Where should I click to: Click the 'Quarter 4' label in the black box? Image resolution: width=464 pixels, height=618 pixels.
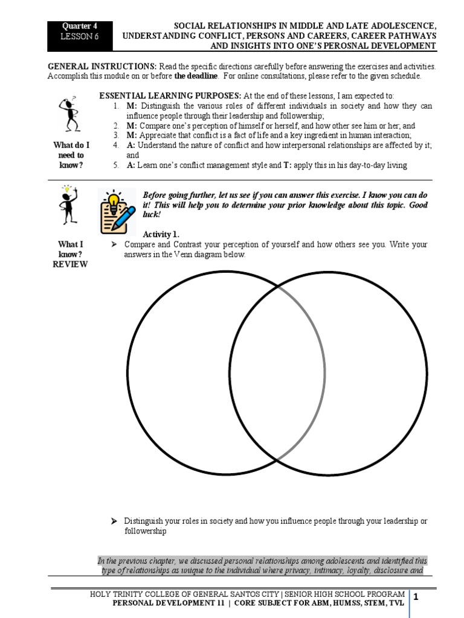80,26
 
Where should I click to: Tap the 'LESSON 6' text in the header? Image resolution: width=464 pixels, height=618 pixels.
80,36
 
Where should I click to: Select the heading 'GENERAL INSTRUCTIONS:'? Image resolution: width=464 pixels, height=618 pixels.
102,67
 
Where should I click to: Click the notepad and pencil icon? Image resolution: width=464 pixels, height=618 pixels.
117,211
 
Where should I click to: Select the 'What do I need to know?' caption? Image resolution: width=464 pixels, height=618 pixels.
71,155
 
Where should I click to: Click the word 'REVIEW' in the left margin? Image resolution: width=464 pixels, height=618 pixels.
71,264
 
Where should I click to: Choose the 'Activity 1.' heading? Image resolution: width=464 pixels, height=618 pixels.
161,234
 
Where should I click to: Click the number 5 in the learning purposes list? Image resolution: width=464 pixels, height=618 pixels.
115,165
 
